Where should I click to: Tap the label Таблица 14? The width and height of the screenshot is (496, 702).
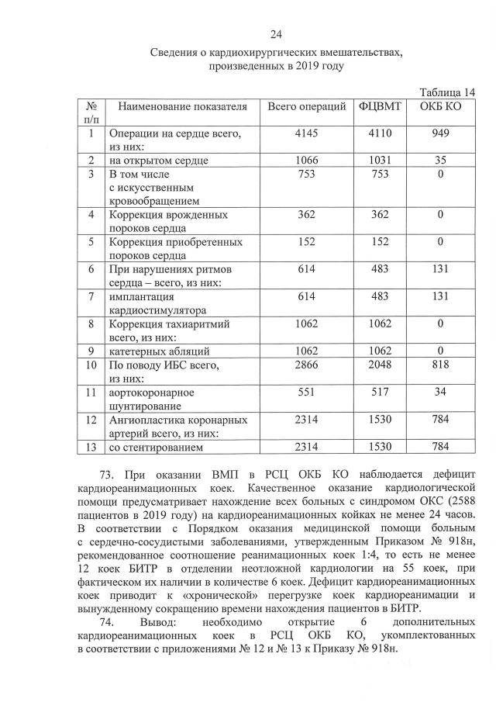[446, 92]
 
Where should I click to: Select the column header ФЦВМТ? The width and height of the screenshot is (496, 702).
[381, 106]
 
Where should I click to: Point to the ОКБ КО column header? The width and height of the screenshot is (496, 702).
[440, 106]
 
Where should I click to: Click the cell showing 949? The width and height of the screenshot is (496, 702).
[440, 133]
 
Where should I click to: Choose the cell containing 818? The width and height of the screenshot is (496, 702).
[440, 365]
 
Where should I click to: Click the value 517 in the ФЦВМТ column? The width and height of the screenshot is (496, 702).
[381, 392]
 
